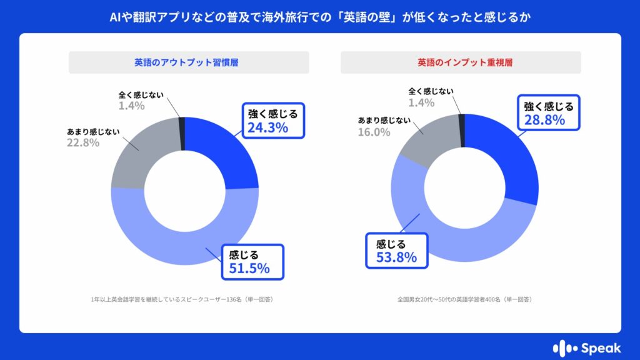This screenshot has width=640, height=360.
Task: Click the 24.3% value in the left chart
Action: pyautogui.click(x=267, y=128)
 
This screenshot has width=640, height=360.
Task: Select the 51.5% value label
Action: pyautogui.click(x=249, y=269)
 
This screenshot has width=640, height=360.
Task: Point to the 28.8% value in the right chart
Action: pyautogui.click(x=544, y=119)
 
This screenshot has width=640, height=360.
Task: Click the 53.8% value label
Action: pyautogui.click(x=396, y=257)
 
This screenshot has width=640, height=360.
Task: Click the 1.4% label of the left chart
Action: pyautogui.click(x=131, y=106)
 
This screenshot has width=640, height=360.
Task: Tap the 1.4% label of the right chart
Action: pyautogui.click(x=421, y=102)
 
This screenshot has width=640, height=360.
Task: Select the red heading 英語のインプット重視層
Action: pyautogui.click(x=461, y=62)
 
